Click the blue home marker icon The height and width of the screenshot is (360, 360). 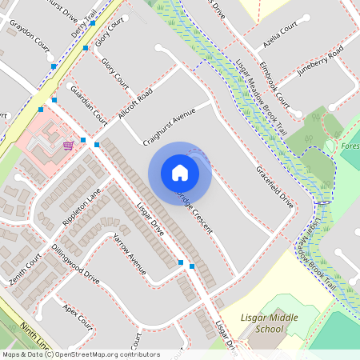point(180,171)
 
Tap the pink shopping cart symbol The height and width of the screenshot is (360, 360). point(69,145)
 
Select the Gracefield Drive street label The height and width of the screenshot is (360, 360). point(274,189)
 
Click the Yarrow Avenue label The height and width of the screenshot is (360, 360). point(128,254)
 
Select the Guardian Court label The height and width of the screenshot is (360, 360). point(89,104)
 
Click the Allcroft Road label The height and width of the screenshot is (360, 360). point(134,106)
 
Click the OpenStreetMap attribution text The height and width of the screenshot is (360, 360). point(80,354)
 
